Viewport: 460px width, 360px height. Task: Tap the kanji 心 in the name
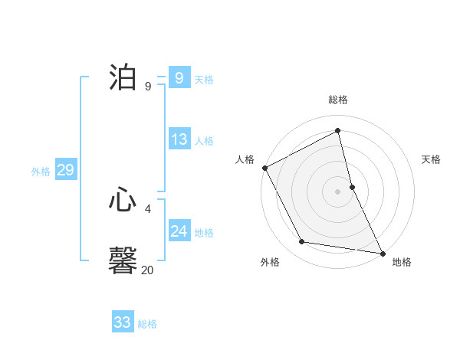pyautogui.click(x=123, y=200)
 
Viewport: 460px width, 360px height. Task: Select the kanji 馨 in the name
pyautogui.click(x=123, y=260)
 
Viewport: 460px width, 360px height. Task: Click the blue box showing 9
pyautogui.click(x=179, y=78)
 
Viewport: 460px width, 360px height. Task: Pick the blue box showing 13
pyautogui.click(x=179, y=139)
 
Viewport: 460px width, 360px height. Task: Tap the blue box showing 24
pyautogui.click(x=179, y=231)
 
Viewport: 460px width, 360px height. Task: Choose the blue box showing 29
pyautogui.click(x=65, y=170)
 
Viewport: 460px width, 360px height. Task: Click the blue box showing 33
pyautogui.click(x=122, y=322)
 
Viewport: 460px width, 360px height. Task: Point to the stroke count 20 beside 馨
pyautogui.click(x=147, y=270)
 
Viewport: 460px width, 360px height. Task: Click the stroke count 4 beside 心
pyautogui.click(x=148, y=208)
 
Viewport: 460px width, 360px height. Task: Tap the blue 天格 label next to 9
pyautogui.click(x=204, y=80)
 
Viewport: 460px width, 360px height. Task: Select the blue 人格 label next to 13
pyautogui.click(x=204, y=141)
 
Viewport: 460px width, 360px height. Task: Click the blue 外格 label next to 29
pyautogui.click(x=41, y=172)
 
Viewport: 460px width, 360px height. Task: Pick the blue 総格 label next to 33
pyautogui.click(x=147, y=324)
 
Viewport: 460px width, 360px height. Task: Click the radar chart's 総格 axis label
pyautogui.click(x=338, y=100)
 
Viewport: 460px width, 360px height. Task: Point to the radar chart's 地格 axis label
pyautogui.click(x=402, y=262)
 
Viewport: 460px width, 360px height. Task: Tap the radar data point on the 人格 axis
pyautogui.click(x=264, y=168)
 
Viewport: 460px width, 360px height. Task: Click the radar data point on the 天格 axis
pyautogui.click(x=352, y=187)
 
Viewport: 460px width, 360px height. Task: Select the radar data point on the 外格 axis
pyautogui.click(x=302, y=242)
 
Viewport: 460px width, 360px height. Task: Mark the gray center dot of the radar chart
pyautogui.click(x=338, y=191)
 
